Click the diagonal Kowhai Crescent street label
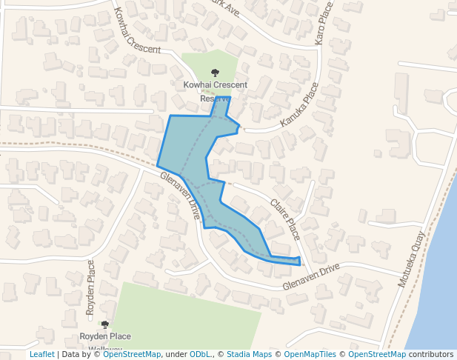click(137, 30)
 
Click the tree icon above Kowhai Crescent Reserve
click(215, 73)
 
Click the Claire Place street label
click(285, 219)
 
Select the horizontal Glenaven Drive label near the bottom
click(310, 276)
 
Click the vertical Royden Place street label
click(91, 288)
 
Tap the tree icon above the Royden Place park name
click(104, 324)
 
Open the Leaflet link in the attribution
click(42, 354)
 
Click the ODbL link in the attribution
click(199, 354)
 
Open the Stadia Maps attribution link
click(249, 354)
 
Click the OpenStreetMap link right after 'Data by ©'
click(131, 354)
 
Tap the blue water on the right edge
click(444, 281)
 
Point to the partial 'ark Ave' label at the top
click(226, 7)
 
